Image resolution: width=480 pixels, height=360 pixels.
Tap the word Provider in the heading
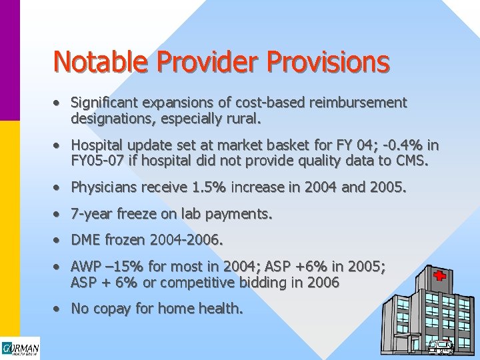pyautogui.click(x=208, y=61)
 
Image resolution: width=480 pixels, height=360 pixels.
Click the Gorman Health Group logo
pyautogui.click(x=20, y=349)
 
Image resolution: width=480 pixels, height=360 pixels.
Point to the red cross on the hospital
pyautogui.click(x=439, y=276)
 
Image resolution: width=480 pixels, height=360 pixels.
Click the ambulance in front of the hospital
pyautogui.click(x=441, y=347)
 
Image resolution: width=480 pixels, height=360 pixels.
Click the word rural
pyautogui.click(x=245, y=120)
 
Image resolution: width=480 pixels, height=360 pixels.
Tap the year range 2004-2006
pyautogui.click(x=188, y=240)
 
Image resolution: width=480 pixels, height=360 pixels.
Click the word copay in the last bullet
pyautogui.click(x=111, y=309)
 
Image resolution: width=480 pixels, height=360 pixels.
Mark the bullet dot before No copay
pyautogui.click(x=59, y=309)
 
